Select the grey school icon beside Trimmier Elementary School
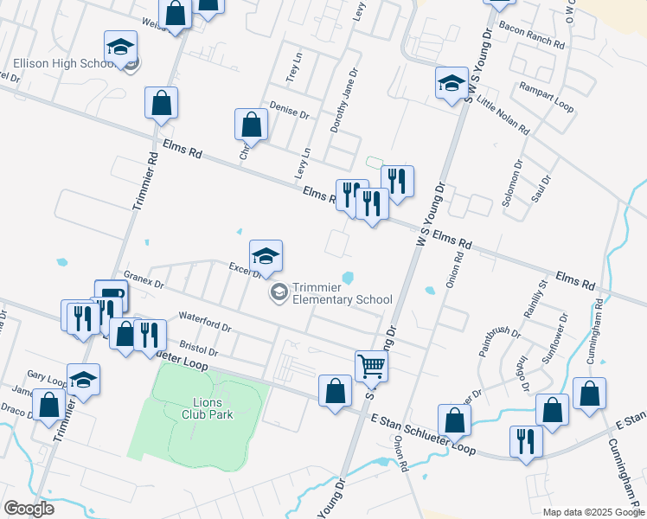(x=279, y=292)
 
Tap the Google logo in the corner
(x=29, y=508)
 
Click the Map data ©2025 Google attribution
(x=593, y=512)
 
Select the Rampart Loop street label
(x=547, y=97)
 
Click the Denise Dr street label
(x=289, y=108)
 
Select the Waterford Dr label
(x=204, y=322)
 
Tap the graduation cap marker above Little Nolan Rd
(x=451, y=84)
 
